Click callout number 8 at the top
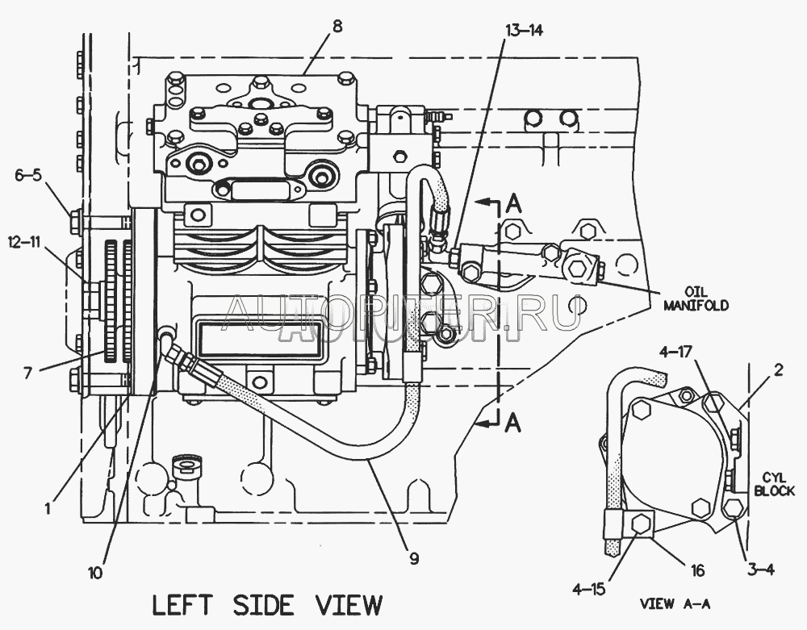[x=337, y=26]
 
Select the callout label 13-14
[x=525, y=30]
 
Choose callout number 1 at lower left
[x=48, y=509]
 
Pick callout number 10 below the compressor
[x=96, y=573]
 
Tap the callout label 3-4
[x=760, y=570]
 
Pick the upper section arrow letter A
[x=512, y=204]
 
